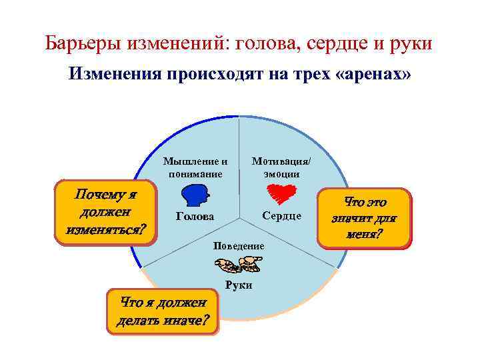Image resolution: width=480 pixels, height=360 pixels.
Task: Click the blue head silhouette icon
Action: coord(195,196)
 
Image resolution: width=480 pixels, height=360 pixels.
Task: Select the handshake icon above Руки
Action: coord(239,266)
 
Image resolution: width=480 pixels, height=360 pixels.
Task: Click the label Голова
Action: coord(195,217)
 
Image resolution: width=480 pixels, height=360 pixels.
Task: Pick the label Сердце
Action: coord(281,216)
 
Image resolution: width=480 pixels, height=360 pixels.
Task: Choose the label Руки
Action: coord(239,285)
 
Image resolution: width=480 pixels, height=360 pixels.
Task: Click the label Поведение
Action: coord(239,246)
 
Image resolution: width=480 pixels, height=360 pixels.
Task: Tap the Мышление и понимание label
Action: coord(195,167)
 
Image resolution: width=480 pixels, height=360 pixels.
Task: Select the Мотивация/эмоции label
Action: coord(281,167)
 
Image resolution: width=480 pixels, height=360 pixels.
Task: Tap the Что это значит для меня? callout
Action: coord(365,218)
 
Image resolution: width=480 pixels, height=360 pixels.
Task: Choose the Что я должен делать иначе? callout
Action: coord(162,312)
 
